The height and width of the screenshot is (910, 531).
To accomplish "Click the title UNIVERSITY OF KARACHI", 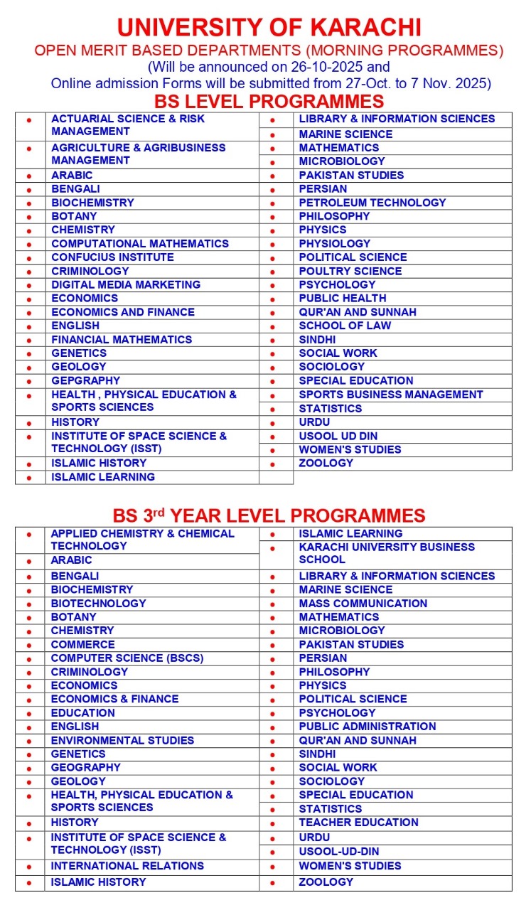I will pos(269,27).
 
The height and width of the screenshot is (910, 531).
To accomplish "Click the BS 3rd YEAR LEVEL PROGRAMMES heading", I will pos(269,515).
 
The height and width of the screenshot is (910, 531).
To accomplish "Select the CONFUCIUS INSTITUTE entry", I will pos(112,257).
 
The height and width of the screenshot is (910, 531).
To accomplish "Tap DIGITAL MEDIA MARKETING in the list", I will pos(126,284).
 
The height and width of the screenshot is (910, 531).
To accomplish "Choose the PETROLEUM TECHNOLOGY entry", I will pos(372,203).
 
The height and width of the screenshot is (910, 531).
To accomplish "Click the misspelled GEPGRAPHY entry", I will pos(86,380).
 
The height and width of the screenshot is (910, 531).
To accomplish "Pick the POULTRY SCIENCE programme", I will pos(350,271).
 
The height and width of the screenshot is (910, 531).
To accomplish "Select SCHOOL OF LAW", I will pos(345,326).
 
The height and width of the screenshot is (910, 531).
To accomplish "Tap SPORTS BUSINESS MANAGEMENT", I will pos(390,395).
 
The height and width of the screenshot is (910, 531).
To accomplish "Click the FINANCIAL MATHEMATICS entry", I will pos(122,339).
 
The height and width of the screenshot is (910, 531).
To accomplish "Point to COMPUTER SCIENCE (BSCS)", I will pos(127,658).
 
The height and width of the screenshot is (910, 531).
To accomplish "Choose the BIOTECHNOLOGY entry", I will pos(98,604).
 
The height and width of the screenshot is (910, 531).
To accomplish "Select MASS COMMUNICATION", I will pos(363,604).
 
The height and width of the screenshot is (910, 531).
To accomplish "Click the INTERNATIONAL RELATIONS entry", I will pos(127,866).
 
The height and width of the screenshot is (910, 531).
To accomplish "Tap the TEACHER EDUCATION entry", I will pos(358,823).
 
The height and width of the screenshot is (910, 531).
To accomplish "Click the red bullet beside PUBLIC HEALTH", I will pos(272,299).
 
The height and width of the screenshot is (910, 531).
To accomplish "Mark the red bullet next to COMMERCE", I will pos(29,646).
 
